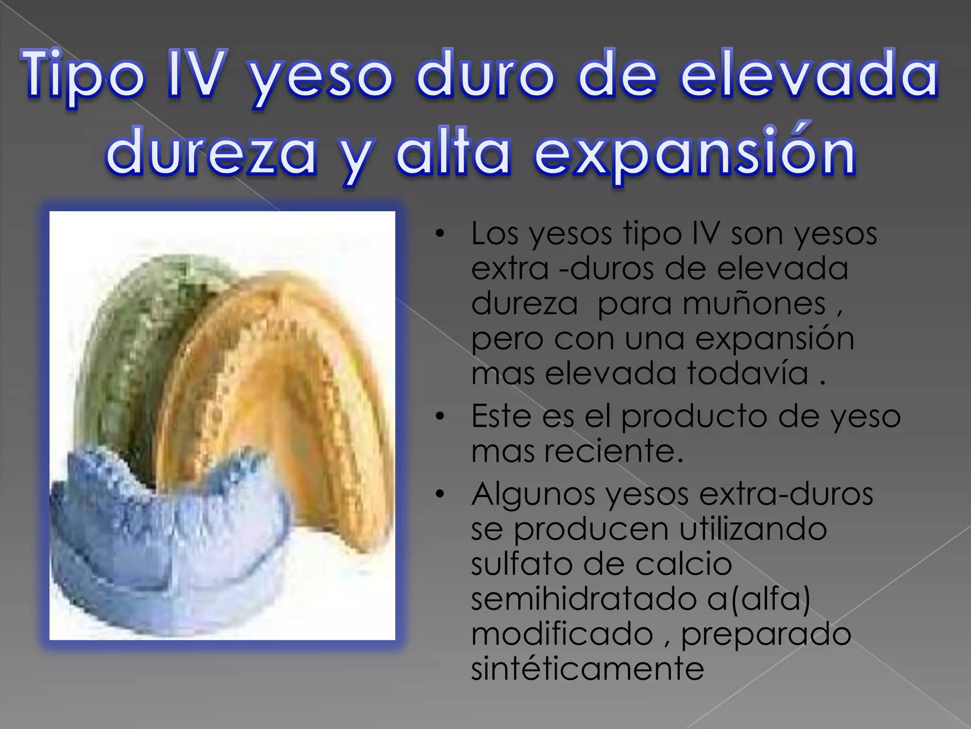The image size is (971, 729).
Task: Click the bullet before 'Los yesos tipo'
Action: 440,234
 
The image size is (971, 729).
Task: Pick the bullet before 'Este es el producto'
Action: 440,416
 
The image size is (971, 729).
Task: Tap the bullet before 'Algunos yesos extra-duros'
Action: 440,494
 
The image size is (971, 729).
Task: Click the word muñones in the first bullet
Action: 711,304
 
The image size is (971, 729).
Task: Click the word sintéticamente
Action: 587,669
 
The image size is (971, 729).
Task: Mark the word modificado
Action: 562,634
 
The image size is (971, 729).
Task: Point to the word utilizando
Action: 753,529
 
